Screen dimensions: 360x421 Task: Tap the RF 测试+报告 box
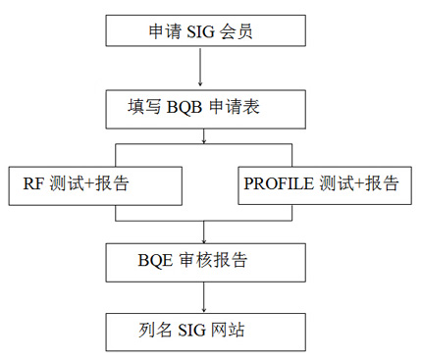click(94, 183)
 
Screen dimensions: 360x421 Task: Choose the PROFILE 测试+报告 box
click(323, 183)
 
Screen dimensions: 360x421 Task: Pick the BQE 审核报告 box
click(203, 260)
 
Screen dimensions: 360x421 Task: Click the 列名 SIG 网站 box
click(203, 330)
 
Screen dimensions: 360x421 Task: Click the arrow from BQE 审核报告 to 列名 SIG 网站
click(203, 295)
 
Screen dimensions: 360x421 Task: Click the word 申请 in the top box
click(158, 31)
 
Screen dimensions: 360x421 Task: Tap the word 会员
click(240, 31)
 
